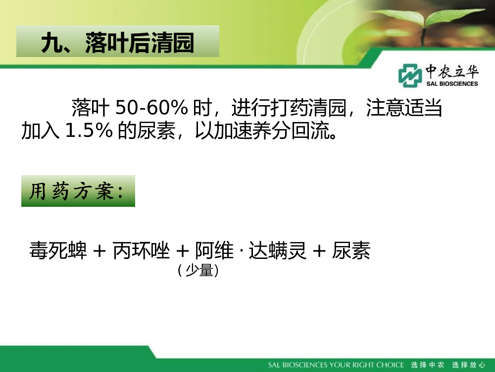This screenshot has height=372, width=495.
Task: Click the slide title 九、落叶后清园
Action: (117, 42)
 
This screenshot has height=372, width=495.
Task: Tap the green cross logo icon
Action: (410, 75)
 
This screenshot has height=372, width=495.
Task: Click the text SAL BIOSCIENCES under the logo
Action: (452, 84)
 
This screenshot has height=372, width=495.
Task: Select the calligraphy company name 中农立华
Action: (452, 71)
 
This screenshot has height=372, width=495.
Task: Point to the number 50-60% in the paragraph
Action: (151, 108)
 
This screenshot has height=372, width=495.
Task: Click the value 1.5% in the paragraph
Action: (89, 130)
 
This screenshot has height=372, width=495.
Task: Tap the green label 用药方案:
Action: (78, 191)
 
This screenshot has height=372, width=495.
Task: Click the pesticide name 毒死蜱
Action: (58, 250)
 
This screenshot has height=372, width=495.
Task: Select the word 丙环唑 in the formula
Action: (141, 250)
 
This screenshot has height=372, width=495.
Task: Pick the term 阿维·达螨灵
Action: (250, 250)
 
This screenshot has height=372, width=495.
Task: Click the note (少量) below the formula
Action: (198, 270)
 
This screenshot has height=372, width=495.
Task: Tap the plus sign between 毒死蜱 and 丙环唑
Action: (99, 251)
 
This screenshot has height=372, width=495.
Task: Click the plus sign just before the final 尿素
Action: (319, 251)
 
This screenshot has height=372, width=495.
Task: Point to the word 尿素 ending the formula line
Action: (351, 250)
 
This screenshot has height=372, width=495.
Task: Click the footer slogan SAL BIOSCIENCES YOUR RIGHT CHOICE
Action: (336, 365)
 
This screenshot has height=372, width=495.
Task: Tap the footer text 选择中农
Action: (428, 365)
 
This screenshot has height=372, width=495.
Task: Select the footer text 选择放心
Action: (468, 365)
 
